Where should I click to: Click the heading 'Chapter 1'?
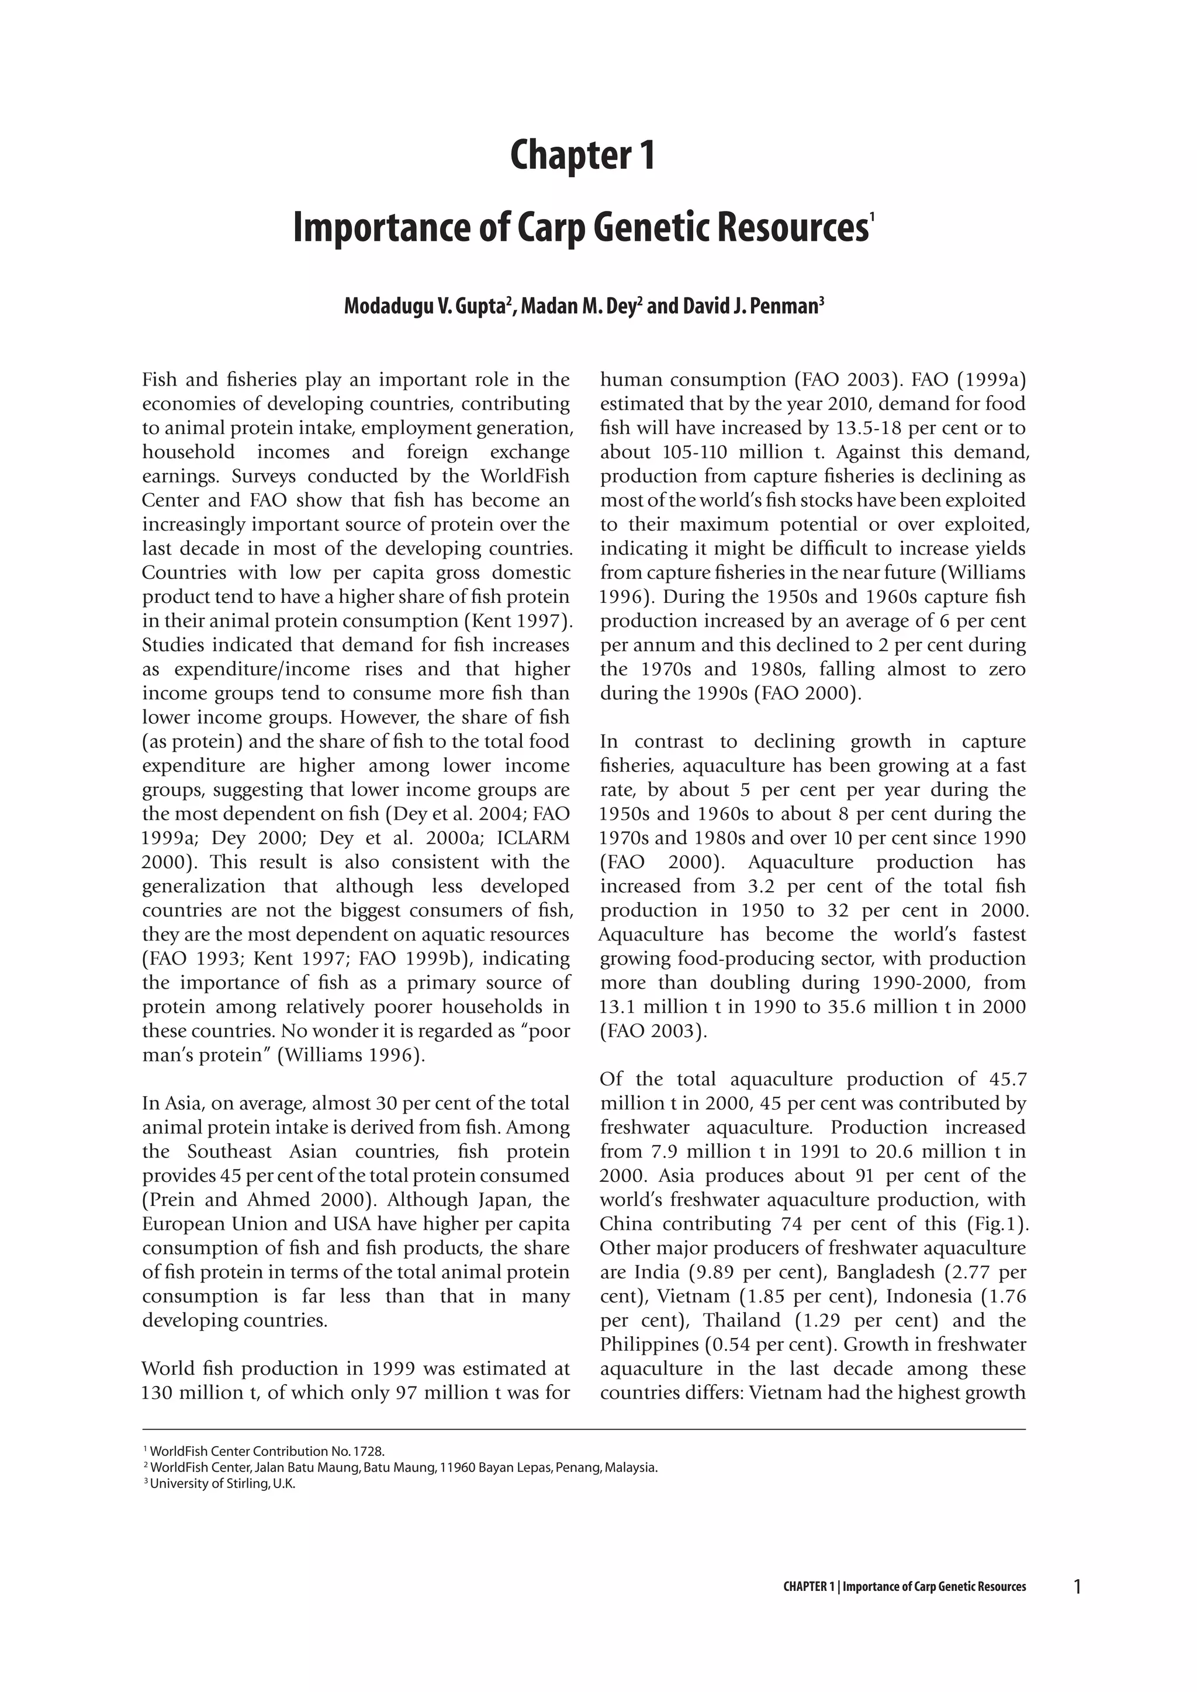point(582,155)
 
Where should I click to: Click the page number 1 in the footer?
point(1078,1585)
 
